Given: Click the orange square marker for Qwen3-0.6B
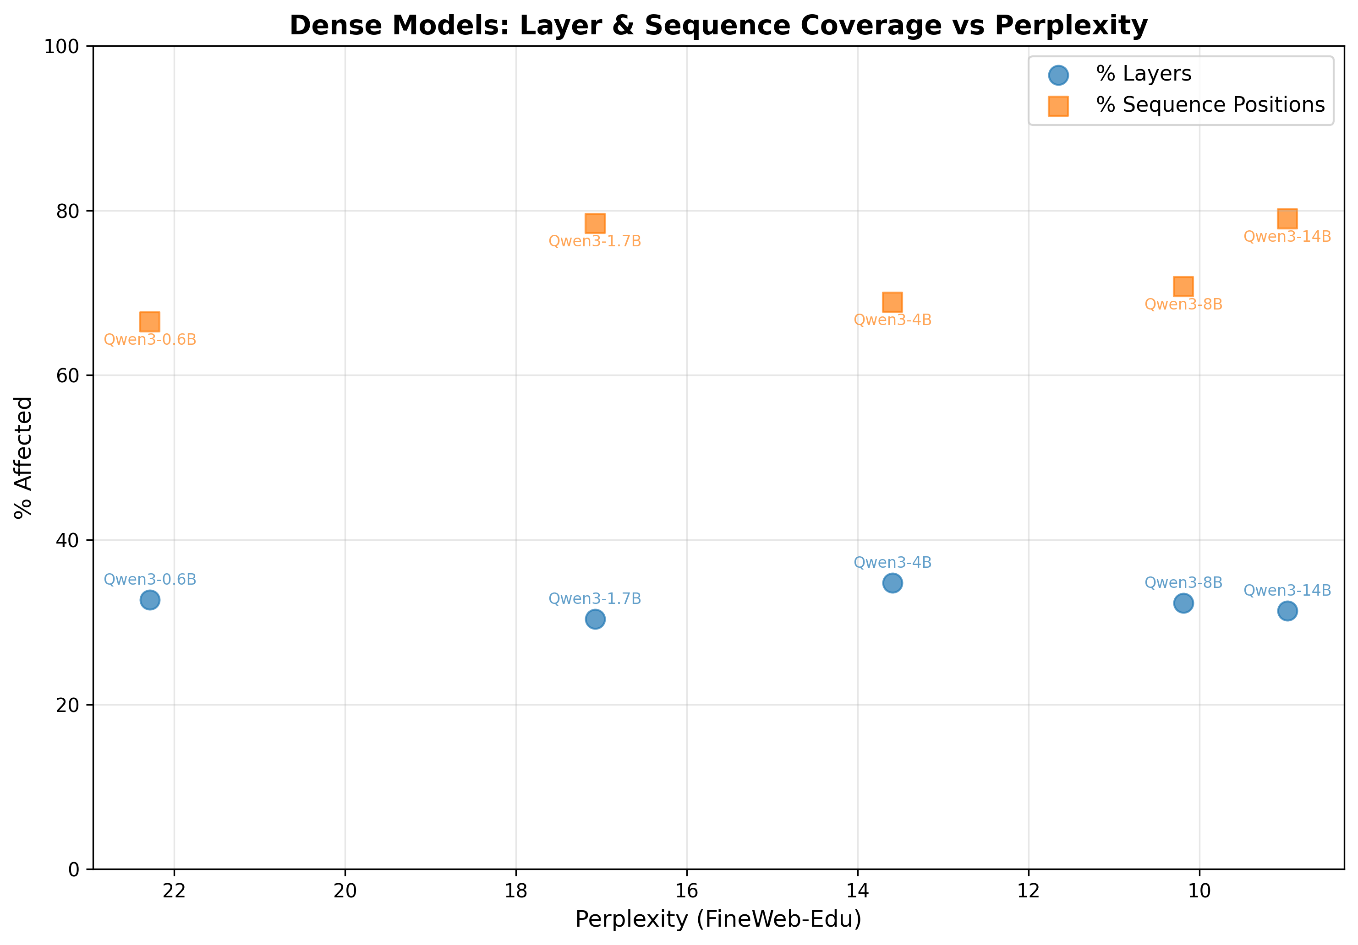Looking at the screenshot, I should (150, 322).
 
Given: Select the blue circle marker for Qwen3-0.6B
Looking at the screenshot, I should (150, 600).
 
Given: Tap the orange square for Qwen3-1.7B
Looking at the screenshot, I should (595, 223).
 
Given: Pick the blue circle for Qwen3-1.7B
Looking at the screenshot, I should (595, 619).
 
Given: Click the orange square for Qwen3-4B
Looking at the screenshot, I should (893, 302).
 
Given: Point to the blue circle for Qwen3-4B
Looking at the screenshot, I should (893, 583).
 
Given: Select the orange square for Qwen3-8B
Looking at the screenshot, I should (1183, 287).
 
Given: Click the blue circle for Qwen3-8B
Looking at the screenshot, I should (1183, 603).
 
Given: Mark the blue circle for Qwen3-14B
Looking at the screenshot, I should (1287, 611).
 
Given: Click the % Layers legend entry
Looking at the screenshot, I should (1143, 74).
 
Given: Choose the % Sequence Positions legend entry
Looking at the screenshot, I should (1210, 105).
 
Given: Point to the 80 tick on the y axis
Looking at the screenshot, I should (67, 211).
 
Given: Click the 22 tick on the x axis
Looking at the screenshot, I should (175, 891).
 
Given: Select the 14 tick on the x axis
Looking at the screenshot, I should (858, 891).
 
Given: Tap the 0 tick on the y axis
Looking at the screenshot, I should (74, 869).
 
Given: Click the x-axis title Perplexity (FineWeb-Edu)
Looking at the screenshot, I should (718, 919).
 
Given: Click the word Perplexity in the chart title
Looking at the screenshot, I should (1071, 26).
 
